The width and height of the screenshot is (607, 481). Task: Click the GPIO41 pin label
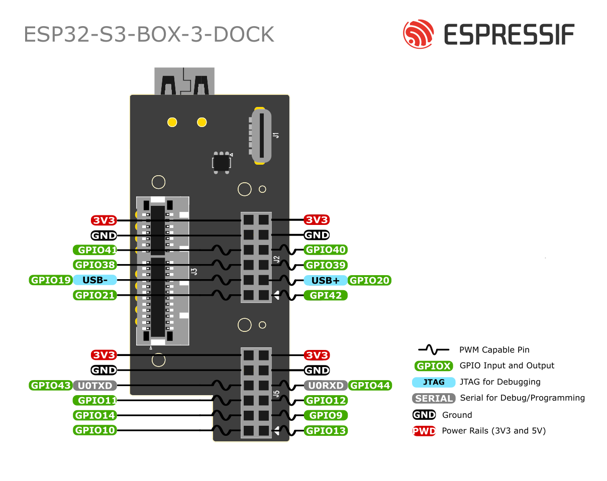[x=95, y=250]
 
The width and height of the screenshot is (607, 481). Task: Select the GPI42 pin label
[x=326, y=296]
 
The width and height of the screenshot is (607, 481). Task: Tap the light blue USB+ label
[x=325, y=281]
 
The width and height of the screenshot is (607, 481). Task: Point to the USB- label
[x=95, y=280]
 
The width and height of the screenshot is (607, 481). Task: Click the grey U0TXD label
[x=95, y=386]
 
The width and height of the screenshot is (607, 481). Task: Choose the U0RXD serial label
[x=326, y=386]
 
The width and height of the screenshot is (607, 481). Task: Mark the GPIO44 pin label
[x=369, y=386]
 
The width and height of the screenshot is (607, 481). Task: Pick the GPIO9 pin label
[x=326, y=416]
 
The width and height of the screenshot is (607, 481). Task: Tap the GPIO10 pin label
[x=95, y=430]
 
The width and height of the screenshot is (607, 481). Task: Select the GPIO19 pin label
[x=51, y=280]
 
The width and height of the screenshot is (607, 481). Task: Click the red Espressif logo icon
[x=418, y=34]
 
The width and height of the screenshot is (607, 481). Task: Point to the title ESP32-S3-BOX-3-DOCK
[x=149, y=34]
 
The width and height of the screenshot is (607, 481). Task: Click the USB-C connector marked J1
[x=260, y=136]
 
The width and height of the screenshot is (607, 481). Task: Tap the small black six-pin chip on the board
[x=222, y=162]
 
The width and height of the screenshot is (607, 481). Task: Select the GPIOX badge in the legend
[x=433, y=366]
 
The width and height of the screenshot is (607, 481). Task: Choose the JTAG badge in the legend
[x=433, y=382]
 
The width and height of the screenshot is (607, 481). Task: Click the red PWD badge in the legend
[x=424, y=431]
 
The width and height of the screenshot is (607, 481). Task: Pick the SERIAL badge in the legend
[x=433, y=398]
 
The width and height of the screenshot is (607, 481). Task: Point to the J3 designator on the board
[x=194, y=271]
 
